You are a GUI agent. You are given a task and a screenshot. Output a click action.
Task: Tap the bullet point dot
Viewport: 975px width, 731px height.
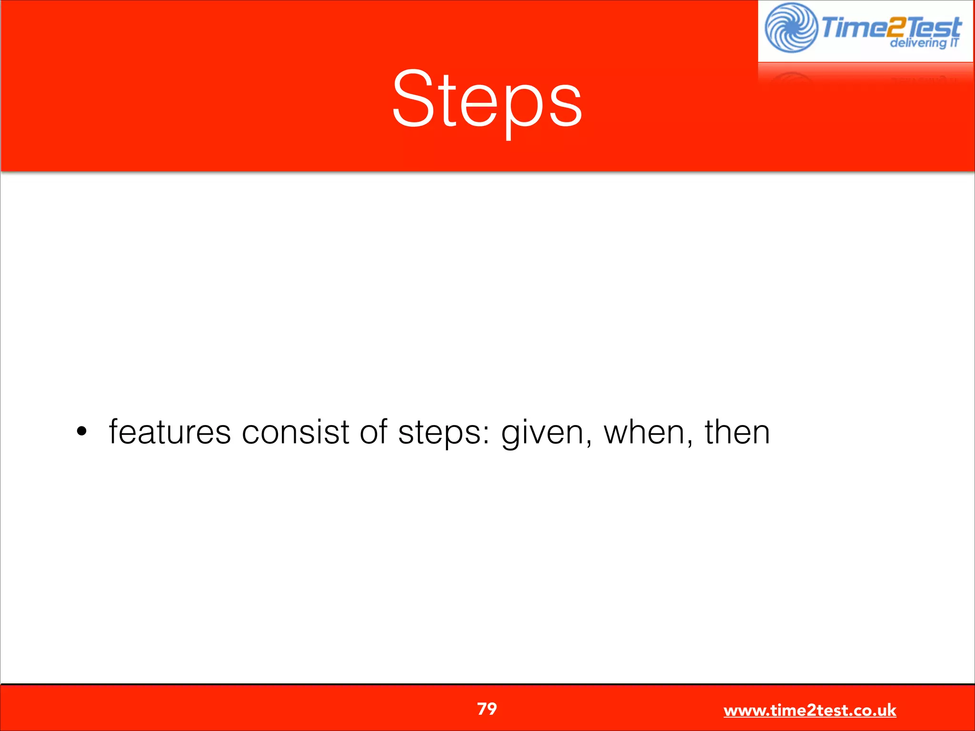click(82, 432)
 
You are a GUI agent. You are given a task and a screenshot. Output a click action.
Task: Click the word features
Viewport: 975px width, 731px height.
click(169, 432)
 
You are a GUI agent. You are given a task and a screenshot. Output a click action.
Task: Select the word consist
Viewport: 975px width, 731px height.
click(295, 432)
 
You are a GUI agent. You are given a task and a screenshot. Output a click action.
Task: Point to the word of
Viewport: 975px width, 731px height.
click(373, 432)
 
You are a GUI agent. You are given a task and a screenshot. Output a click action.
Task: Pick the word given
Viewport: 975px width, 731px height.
click(543, 433)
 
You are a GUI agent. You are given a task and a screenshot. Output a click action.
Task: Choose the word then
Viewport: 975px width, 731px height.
click(736, 432)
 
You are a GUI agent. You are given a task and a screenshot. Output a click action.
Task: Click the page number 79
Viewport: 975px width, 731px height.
click(487, 709)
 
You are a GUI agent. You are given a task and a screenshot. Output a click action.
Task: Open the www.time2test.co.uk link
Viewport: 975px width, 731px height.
click(809, 711)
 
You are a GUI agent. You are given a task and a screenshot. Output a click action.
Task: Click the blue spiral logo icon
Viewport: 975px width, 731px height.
click(790, 28)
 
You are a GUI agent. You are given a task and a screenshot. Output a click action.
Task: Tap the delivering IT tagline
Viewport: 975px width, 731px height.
click(924, 43)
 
